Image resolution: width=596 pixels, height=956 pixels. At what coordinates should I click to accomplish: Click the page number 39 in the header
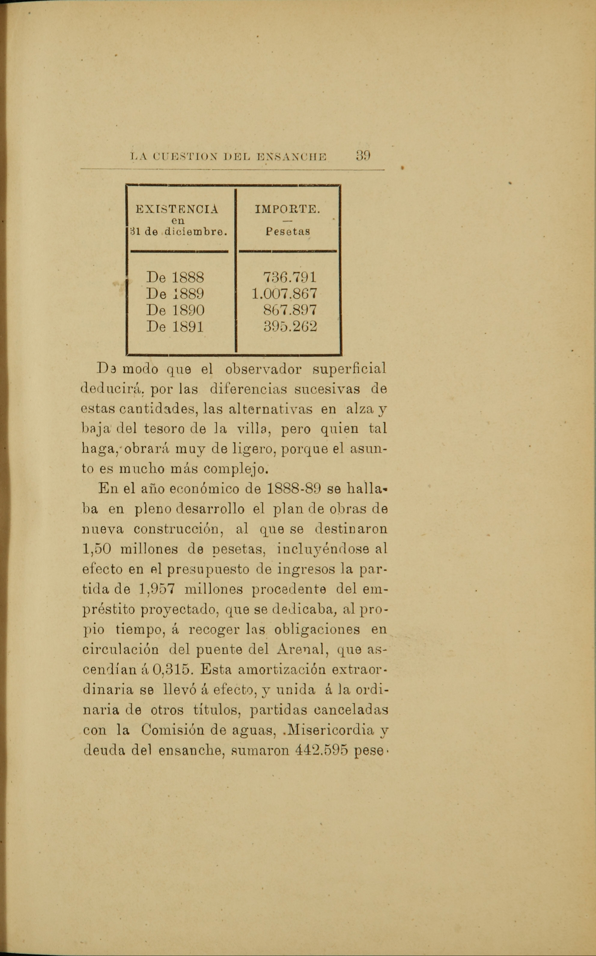[363, 156]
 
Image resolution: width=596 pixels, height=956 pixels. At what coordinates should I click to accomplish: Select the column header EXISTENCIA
[177, 209]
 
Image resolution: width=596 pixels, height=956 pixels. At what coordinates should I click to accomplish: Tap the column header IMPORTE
[287, 209]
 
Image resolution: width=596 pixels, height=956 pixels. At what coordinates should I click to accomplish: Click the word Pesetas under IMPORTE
[288, 230]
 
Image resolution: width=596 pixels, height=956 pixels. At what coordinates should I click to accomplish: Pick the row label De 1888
[175, 278]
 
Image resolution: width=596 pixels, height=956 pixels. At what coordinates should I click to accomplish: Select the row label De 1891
[175, 327]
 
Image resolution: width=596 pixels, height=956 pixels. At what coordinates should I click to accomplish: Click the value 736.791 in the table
[290, 278]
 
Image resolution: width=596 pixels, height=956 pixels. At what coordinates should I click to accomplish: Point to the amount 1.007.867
[284, 294]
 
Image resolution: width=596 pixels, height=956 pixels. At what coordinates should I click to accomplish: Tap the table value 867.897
[290, 310]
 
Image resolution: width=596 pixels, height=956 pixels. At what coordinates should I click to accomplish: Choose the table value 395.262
[290, 327]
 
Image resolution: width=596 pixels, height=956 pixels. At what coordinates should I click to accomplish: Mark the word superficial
[349, 369]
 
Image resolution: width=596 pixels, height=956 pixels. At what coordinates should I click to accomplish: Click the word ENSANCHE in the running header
[292, 156]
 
